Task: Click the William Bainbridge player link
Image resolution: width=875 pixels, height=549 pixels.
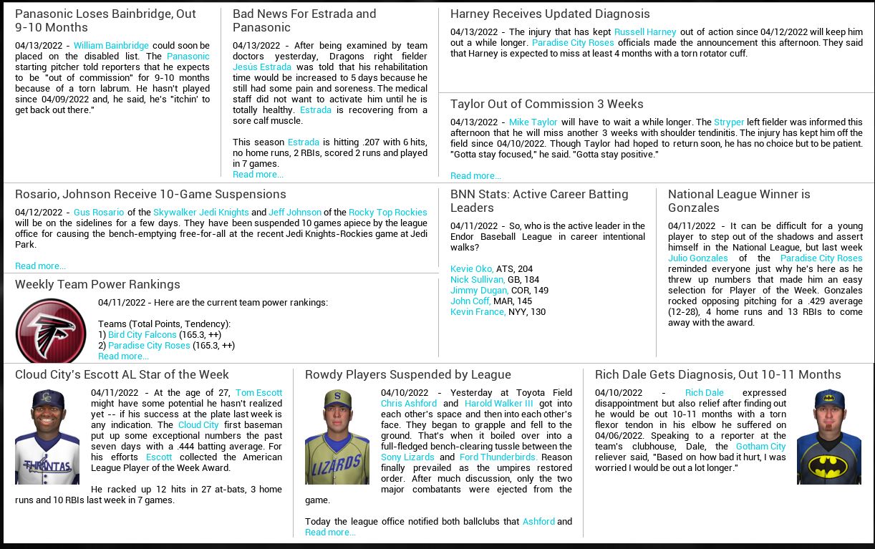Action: click(x=111, y=46)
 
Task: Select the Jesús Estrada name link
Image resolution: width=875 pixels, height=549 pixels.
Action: click(x=262, y=67)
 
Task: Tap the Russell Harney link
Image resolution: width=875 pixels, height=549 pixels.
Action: click(x=645, y=32)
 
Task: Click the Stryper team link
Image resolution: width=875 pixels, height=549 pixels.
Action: click(x=729, y=122)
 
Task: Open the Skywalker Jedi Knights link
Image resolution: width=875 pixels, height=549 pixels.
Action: click(x=201, y=213)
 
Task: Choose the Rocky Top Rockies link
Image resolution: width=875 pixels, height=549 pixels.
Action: click(x=387, y=213)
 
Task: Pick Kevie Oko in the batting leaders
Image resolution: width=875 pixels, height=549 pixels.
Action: click(x=471, y=269)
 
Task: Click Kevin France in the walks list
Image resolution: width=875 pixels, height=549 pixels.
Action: click(x=478, y=312)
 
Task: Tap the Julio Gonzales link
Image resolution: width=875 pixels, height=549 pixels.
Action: click(x=697, y=258)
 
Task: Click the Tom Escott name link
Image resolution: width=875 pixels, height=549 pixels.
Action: click(x=258, y=393)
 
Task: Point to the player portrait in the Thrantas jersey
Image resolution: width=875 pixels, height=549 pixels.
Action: click(x=47, y=437)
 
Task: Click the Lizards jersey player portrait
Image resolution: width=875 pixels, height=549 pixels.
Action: click(x=337, y=437)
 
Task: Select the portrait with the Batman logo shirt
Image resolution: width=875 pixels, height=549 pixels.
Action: click(x=828, y=437)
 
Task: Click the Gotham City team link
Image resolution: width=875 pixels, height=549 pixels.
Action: click(x=760, y=447)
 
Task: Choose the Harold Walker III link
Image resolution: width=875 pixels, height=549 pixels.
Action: click(x=498, y=404)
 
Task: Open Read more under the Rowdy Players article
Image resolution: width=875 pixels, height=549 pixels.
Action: click(x=330, y=533)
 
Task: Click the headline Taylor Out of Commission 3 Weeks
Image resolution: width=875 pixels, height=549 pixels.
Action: click(x=546, y=105)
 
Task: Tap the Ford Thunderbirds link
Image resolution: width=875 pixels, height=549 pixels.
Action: click(x=498, y=457)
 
